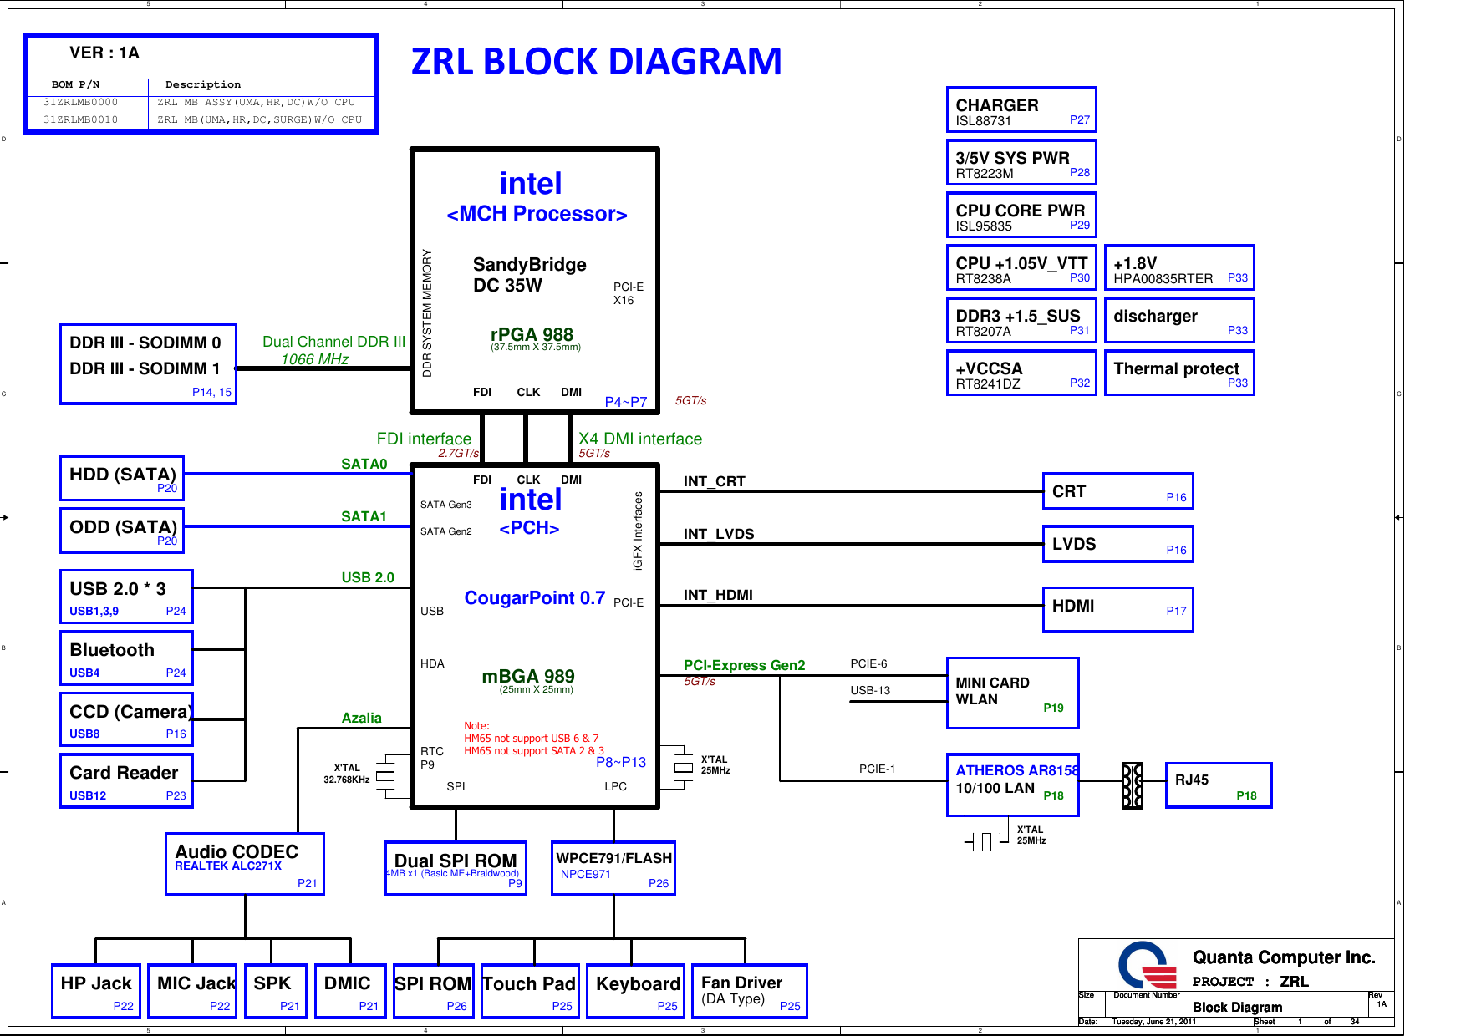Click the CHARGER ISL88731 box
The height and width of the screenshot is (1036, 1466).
click(1021, 110)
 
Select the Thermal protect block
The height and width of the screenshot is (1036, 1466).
click(1178, 373)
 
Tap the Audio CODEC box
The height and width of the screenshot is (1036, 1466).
click(244, 864)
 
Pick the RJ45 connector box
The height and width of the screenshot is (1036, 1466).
click(1218, 785)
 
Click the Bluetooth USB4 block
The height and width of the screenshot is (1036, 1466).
click(126, 658)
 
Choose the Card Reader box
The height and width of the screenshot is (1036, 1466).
click(126, 781)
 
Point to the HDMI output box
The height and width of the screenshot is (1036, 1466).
click(1117, 609)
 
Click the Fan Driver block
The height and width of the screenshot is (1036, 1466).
click(749, 991)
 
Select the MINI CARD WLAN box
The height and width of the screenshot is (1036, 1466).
click(1011, 693)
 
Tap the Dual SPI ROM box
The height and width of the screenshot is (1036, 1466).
click(456, 868)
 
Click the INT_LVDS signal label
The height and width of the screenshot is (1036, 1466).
click(718, 534)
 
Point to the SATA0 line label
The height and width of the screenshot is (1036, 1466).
click(364, 464)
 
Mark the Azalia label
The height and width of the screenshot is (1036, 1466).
click(361, 718)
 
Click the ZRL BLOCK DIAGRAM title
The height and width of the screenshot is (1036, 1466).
click(596, 62)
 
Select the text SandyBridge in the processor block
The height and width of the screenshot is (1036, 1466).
click(529, 265)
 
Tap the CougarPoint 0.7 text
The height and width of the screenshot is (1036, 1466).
click(534, 598)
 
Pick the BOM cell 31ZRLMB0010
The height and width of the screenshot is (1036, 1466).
click(80, 119)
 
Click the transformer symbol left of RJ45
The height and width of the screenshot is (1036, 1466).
click(1132, 785)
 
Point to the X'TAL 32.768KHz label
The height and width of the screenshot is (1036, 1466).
click(347, 774)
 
